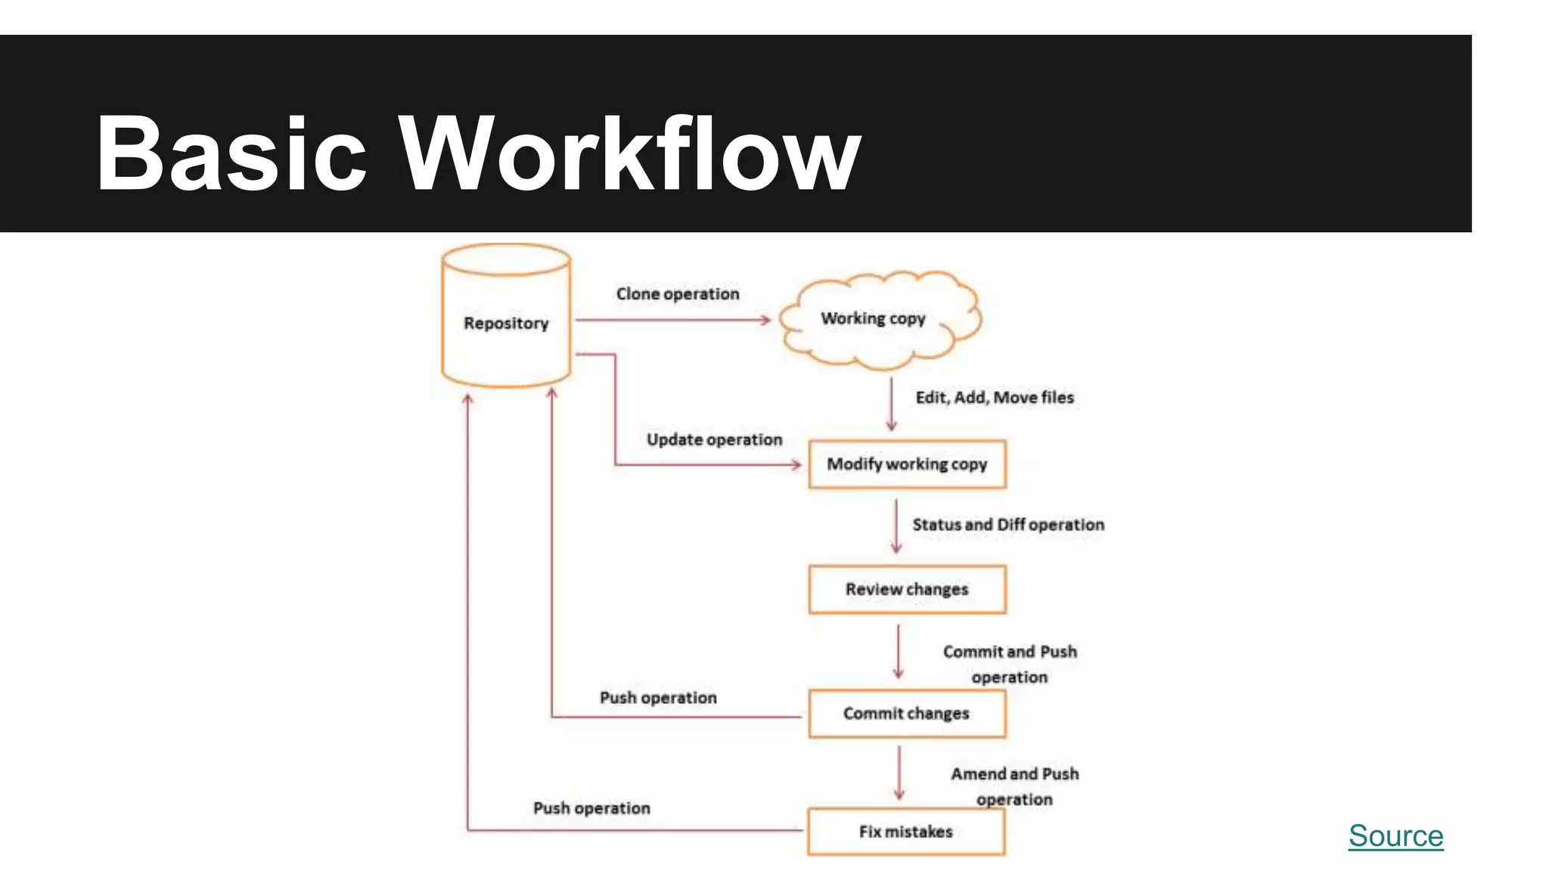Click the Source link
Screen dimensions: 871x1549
pyautogui.click(x=1395, y=835)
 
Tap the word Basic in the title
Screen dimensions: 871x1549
pyautogui.click(x=231, y=154)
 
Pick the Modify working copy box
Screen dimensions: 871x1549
pyautogui.click(x=907, y=464)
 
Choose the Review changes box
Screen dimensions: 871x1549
pyautogui.click(x=907, y=589)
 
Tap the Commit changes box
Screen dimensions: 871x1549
pyautogui.click(x=907, y=713)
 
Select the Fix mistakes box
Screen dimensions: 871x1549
pyautogui.click(x=906, y=832)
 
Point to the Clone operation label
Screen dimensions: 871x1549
pyautogui.click(x=678, y=294)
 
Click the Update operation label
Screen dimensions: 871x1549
pyautogui.click(x=714, y=440)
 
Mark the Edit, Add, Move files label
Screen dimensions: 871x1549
pyautogui.click(x=995, y=398)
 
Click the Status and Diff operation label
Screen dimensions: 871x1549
pyautogui.click(x=1008, y=525)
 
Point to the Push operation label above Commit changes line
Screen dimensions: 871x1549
pyautogui.click(x=658, y=698)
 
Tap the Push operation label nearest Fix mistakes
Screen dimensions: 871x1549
pyautogui.click(x=591, y=808)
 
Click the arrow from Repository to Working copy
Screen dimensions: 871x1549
pyautogui.click(x=672, y=321)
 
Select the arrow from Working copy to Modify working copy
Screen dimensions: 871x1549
pyautogui.click(x=892, y=405)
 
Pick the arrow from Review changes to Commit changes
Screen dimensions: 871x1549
pyautogui.click(x=899, y=651)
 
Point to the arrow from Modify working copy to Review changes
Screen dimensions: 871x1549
pyautogui.click(x=896, y=526)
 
